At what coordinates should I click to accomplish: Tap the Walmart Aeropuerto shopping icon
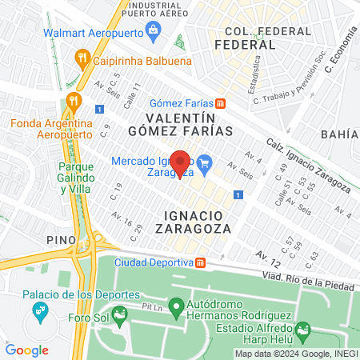coord(154,33)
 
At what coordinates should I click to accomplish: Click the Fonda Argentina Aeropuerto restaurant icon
coord(74,101)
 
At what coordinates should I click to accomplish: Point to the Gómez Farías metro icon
coord(219,102)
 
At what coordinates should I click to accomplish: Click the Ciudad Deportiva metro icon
coord(201,262)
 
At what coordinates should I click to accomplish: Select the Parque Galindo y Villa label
coord(77,178)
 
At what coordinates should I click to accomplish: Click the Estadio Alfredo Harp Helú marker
coord(302,329)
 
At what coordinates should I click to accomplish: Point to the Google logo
coord(26,350)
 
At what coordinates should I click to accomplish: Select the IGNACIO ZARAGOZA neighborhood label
coord(197,222)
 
